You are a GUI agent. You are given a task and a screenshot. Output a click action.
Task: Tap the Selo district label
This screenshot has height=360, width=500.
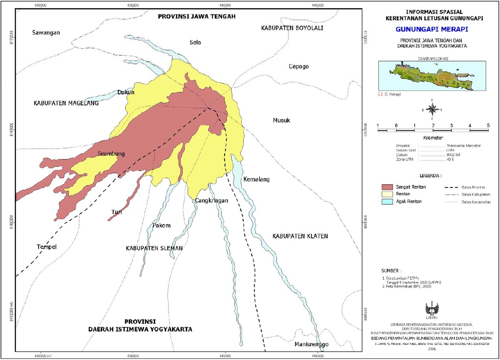(x=195, y=42)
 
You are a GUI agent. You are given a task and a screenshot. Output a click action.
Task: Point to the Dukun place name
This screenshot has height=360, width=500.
(x=126, y=92)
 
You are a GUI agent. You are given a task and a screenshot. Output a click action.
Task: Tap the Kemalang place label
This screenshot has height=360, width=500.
(x=256, y=179)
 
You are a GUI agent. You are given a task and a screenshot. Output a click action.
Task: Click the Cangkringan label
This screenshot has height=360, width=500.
(x=211, y=201)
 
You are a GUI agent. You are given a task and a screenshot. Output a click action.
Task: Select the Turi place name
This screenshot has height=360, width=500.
(x=117, y=212)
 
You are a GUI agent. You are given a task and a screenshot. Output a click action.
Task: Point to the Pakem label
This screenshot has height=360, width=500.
(x=162, y=226)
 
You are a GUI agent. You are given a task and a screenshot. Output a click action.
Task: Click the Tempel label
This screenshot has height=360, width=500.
(x=46, y=247)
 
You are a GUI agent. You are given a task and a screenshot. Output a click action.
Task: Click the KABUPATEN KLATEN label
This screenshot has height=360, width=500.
(x=300, y=236)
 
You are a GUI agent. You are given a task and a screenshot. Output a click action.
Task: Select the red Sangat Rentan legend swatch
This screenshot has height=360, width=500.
(x=392, y=187)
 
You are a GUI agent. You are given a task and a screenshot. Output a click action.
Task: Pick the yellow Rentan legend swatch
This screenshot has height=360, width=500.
(x=392, y=194)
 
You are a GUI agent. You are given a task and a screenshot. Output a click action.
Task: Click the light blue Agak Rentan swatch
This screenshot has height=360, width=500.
(x=392, y=201)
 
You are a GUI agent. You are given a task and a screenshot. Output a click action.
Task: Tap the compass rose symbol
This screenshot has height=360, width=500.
(x=433, y=109)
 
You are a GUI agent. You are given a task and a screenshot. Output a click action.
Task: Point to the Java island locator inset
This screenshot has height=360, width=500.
(x=432, y=76)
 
